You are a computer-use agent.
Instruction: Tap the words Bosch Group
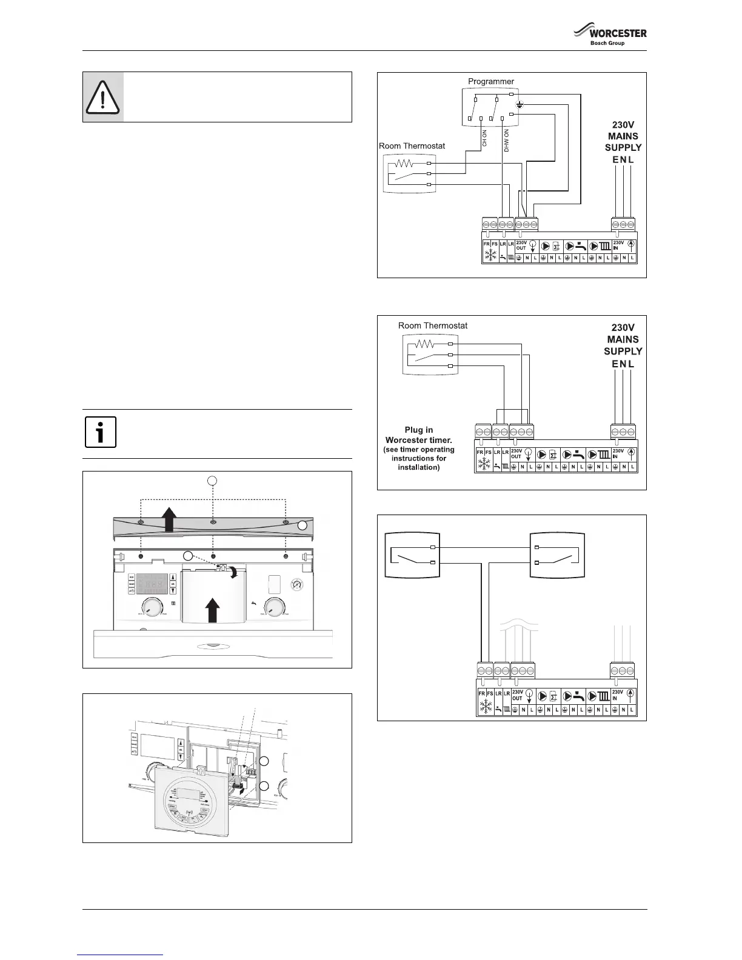pos(607,44)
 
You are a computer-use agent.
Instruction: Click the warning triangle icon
pos(103,97)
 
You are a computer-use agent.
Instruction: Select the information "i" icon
pos(101,433)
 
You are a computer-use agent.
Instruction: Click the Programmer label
pos(491,81)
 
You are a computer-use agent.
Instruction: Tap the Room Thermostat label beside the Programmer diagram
pos(412,146)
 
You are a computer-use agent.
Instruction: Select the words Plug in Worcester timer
pos(419,435)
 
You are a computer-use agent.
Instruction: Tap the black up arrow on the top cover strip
pos(169,520)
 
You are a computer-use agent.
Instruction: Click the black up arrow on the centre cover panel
pos(212,610)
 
